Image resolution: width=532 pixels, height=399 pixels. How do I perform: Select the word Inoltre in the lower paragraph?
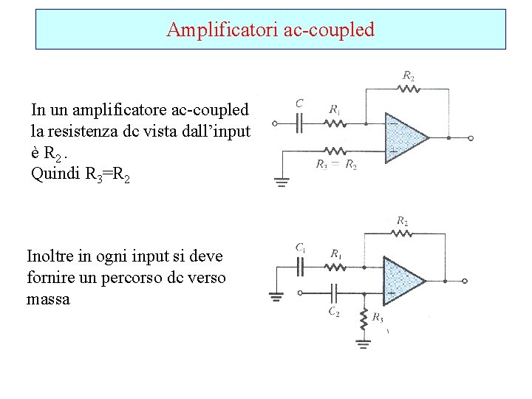[51, 256]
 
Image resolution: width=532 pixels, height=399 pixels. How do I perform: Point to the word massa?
[48, 299]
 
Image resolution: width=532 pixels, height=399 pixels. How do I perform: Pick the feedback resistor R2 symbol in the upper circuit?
[409, 89]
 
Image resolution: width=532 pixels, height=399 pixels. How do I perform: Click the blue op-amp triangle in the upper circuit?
[403, 137]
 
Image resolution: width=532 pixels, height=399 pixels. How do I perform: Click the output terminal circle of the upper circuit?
[471, 137]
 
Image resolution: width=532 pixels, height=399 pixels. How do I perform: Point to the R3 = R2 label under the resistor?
[336, 165]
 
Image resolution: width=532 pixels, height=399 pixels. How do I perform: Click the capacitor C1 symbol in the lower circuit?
[301, 266]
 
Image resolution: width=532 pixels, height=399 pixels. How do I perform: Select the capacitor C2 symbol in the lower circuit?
[332, 292]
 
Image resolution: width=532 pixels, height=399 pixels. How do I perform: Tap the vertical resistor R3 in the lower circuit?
[363, 319]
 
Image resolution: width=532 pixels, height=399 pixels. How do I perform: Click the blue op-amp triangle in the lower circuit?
[401, 279]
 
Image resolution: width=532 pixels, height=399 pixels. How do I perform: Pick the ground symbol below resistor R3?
[363, 342]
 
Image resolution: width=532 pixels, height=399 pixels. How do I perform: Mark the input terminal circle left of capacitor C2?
[299, 292]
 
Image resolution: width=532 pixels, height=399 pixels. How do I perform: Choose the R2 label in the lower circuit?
[403, 220]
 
